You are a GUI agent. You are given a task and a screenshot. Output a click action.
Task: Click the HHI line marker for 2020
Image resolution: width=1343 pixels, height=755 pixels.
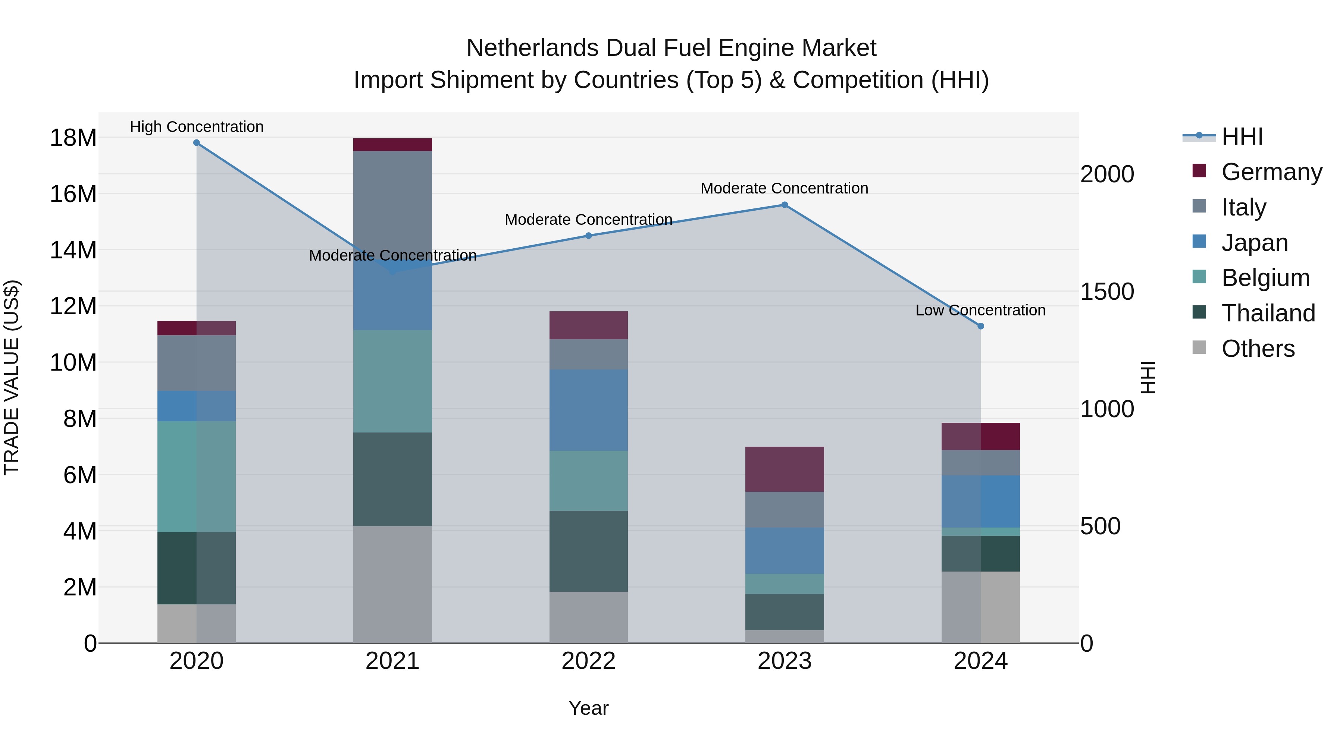click(197, 143)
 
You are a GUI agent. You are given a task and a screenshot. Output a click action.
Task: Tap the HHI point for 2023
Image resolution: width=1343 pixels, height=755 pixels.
click(785, 205)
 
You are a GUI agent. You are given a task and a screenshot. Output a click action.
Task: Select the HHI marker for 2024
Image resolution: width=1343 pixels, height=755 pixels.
click(981, 326)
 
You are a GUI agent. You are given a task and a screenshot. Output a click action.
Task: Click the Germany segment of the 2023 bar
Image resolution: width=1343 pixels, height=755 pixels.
click(785, 469)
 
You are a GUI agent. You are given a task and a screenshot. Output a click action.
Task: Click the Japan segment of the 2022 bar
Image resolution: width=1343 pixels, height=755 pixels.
click(589, 410)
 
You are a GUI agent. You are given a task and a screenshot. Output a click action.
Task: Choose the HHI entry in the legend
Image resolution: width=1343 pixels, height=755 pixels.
click(1241, 136)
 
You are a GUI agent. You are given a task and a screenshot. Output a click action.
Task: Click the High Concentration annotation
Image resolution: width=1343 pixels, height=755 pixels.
click(197, 127)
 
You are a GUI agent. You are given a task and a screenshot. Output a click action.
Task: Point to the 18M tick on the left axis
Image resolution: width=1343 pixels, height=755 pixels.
click(73, 138)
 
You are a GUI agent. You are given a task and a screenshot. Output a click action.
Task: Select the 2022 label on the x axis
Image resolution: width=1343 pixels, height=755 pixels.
click(589, 661)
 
